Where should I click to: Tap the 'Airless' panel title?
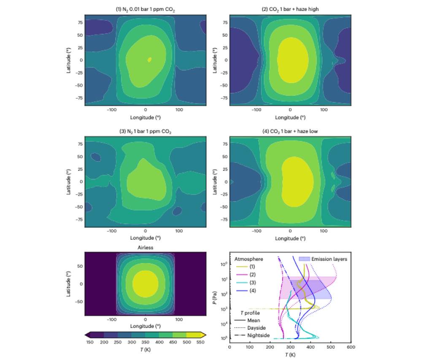(x=146, y=248)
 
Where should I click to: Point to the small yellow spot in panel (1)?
(x=149, y=60)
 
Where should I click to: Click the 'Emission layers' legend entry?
(x=323, y=259)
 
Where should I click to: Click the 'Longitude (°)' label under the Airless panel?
(x=146, y=326)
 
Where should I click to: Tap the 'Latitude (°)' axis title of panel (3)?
(x=69, y=182)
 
